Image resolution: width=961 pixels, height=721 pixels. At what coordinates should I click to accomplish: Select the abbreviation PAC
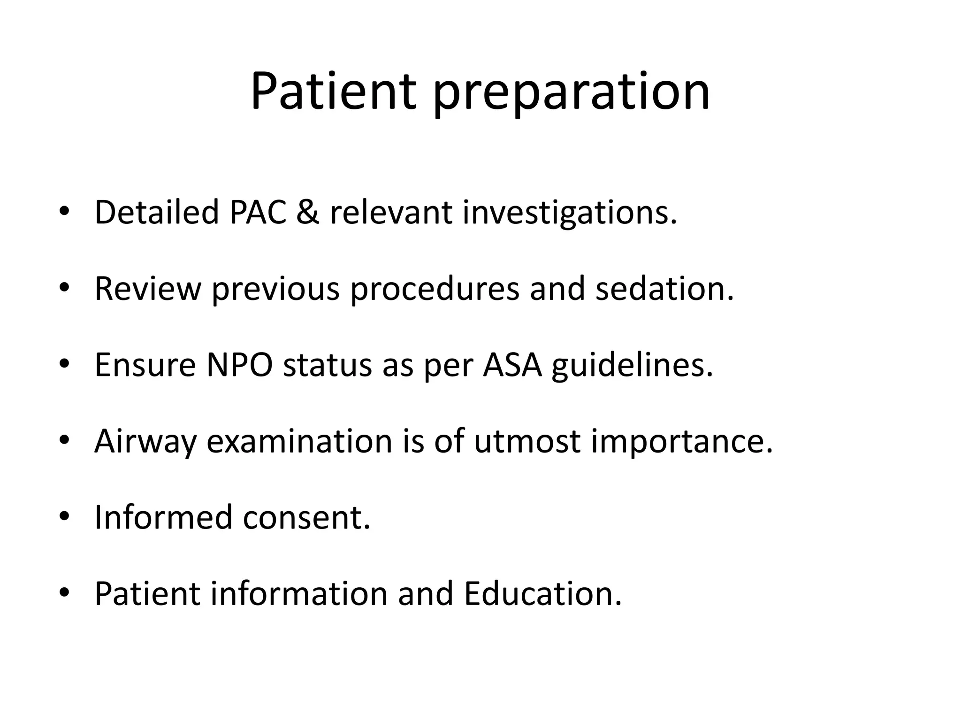coord(258,212)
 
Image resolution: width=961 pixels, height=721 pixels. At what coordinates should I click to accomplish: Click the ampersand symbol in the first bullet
coord(308,212)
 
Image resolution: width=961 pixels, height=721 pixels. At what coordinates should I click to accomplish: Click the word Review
coord(147,289)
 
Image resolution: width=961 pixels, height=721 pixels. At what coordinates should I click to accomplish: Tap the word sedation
coord(664,289)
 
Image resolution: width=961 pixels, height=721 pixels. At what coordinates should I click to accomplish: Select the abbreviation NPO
coord(239,365)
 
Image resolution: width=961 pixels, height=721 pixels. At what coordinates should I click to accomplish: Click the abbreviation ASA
coord(512,365)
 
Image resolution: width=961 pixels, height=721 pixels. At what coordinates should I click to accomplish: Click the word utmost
coord(527,442)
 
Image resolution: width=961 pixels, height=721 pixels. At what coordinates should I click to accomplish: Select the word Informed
coord(164,517)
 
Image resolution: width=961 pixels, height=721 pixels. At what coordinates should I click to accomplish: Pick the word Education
coord(542,594)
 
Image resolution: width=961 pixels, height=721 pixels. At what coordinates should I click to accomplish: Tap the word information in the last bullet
coord(298,594)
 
